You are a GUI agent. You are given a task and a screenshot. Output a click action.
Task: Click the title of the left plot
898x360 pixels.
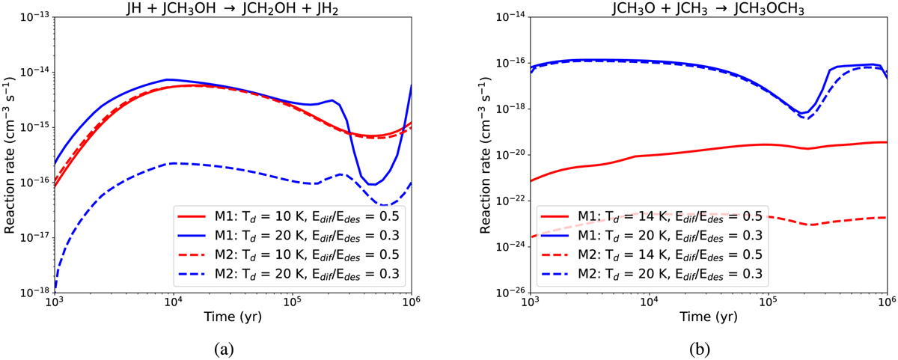(x=231, y=8)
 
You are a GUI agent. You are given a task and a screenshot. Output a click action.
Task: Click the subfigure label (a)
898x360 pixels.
(x=231, y=349)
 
